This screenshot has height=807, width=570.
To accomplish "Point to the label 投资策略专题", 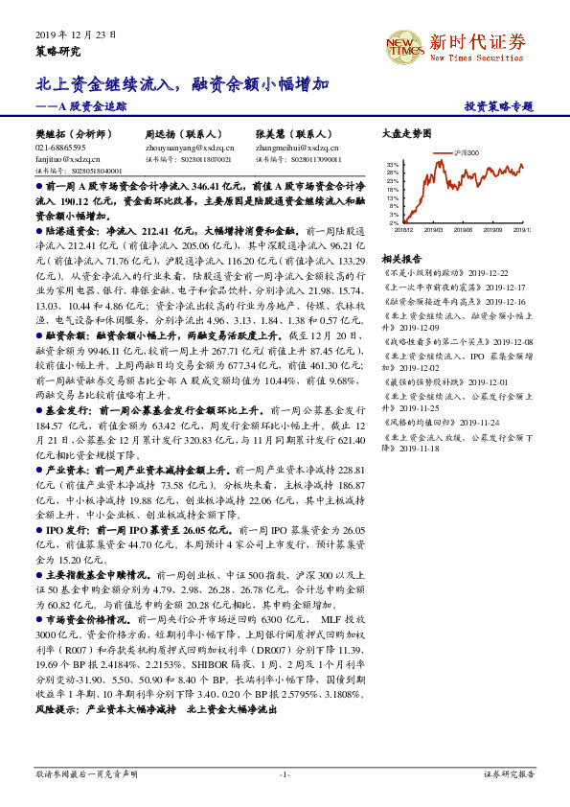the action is pyautogui.click(x=497, y=107).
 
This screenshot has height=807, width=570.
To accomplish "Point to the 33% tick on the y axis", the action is pyautogui.click(x=393, y=165).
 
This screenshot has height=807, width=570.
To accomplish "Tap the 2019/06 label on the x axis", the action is pyautogui.click(x=466, y=229).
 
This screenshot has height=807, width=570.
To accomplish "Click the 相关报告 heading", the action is pyautogui.click(x=401, y=259).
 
